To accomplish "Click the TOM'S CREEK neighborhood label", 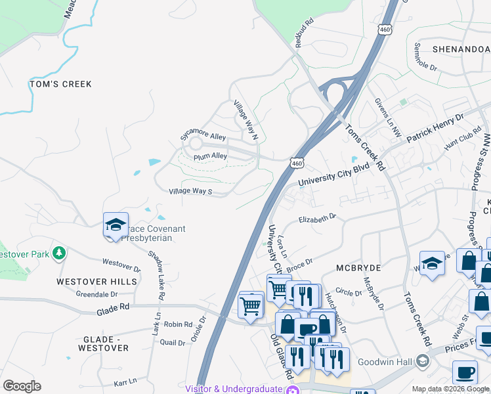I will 60,84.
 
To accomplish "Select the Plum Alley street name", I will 210,156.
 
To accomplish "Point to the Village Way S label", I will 190,191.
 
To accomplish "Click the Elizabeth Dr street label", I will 317,218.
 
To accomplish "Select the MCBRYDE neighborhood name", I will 359,269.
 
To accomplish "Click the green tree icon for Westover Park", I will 59,253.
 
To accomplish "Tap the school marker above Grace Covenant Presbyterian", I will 116,225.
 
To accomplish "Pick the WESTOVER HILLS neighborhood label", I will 96,281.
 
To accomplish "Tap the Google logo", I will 22,386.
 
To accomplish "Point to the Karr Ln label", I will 125,380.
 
